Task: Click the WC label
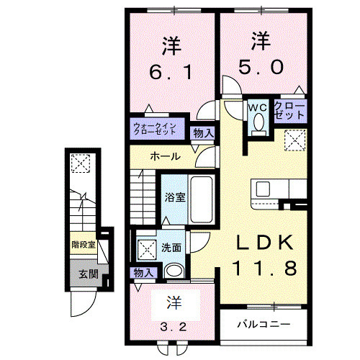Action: pyautogui.click(x=257, y=107)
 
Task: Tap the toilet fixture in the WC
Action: pyautogui.click(x=258, y=123)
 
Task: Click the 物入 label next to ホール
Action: pyautogui.click(x=203, y=132)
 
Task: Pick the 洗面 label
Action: pyautogui.click(x=171, y=247)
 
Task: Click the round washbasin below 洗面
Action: pyautogui.click(x=174, y=271)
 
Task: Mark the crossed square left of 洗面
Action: pyautogui.click(x=147, y=249)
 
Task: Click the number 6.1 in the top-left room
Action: pyautogui.click(x=169, y=73)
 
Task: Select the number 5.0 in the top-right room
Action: pyautogui.click(x=261, y=64)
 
